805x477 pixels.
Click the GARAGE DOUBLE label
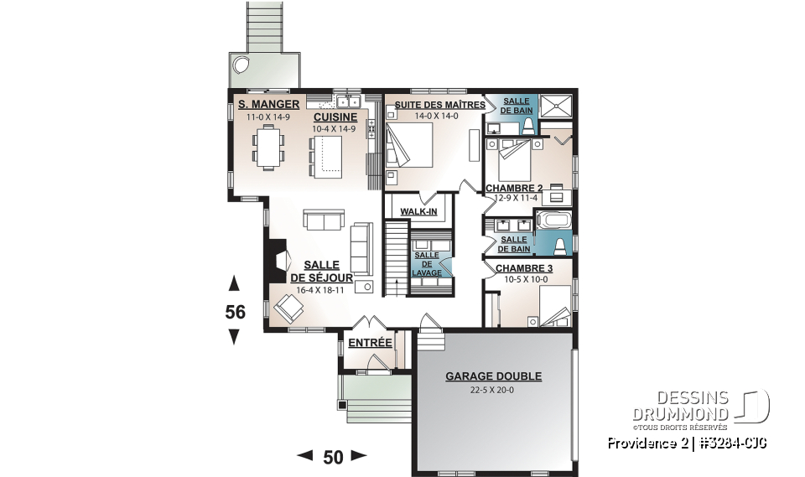click(x=493, y=376)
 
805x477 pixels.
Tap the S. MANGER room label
click(x=262, y=105)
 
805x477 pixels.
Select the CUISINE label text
click(x=335, y=117)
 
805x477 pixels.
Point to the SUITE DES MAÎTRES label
click(x=435, y=105)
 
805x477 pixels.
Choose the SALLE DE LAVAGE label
click(x=427, y=263)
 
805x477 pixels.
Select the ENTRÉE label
click(x=370, y=342)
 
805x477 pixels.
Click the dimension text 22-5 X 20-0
click(x=493, y=391)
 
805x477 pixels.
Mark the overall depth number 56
click(x=235, y=312)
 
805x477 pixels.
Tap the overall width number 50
click(x=333, y=457)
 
